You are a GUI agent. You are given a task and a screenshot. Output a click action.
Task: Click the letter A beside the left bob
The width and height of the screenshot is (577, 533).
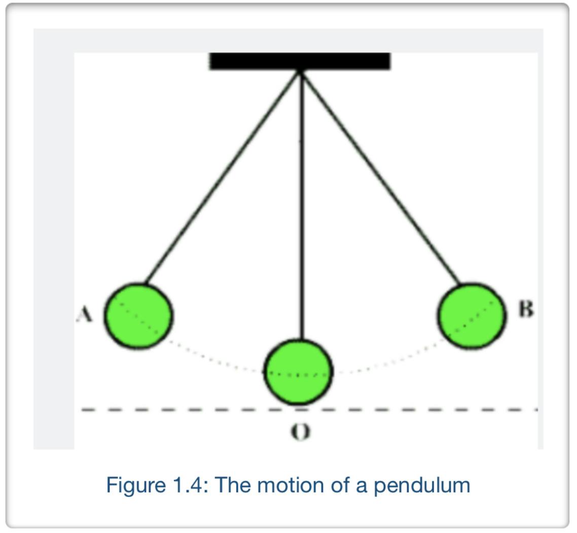[85, 315]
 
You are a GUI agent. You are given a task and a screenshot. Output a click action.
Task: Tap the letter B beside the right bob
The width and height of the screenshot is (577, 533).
[526, 309]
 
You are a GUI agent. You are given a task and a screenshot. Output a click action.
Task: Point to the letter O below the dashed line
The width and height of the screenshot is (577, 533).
[300, 432]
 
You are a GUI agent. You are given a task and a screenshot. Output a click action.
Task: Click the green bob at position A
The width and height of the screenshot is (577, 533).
[139, 316]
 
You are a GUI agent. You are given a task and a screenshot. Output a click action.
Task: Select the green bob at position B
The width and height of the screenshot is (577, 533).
[472, 316]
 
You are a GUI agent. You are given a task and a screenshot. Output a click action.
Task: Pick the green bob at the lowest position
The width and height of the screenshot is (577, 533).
[298, 372]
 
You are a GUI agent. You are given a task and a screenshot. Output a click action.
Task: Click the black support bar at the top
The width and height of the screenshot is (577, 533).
[300, 60]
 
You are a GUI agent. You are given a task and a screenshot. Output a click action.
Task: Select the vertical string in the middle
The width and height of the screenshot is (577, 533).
[302, 203]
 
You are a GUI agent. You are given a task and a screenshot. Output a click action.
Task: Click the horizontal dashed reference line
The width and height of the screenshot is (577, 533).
[406, 409]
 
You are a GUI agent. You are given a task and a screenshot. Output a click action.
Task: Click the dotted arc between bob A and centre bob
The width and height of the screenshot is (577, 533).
[213, 358]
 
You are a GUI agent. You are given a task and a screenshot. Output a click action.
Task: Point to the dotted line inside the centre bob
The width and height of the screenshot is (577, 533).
[298, 375]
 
